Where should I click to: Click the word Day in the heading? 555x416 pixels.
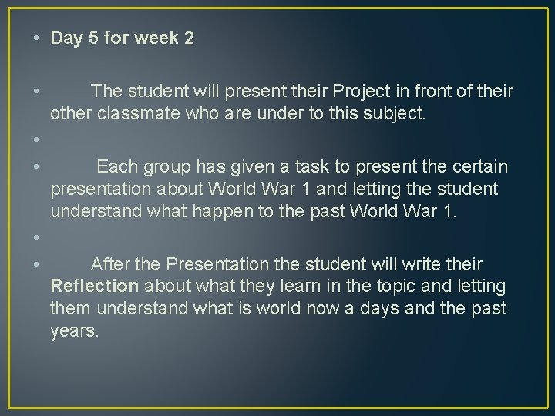(x=66, y=38)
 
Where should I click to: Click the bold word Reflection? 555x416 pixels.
(x=94, y=287)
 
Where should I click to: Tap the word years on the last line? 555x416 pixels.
(x=74, y=331)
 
